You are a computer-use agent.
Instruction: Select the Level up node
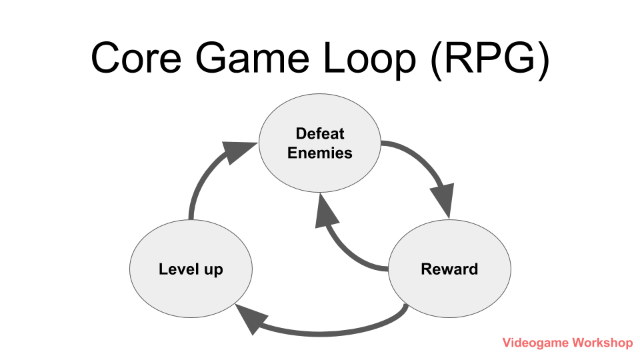click(191, 269)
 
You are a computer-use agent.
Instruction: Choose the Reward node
click(449, 269)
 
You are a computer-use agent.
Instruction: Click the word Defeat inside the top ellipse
click(320, 133)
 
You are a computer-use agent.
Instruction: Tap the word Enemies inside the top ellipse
click(320, 153)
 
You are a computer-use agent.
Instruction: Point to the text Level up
click(191, 269)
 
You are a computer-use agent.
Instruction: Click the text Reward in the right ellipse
click(449, 269)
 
